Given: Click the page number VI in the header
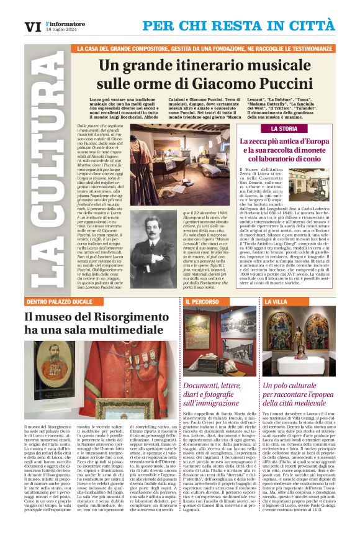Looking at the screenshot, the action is click(x=31, y=27).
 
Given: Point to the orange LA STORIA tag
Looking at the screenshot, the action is click(x=284, y=129).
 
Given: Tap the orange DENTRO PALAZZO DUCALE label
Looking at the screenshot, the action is click(x=59, y=301).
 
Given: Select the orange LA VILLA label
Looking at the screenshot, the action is click(x=276, y=301).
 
